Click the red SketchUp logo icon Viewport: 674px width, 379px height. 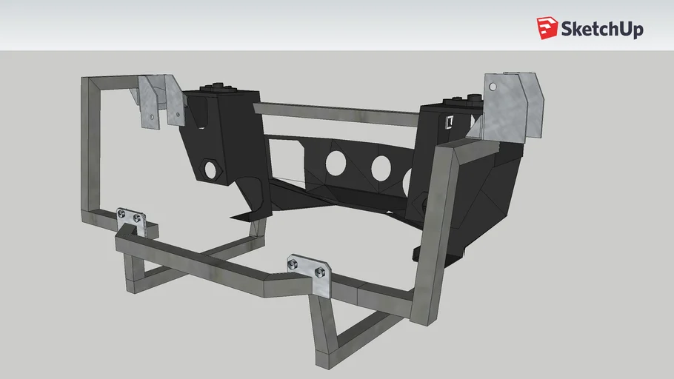point(547,28)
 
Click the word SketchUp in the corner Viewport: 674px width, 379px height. point(602,29)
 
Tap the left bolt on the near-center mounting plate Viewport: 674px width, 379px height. point(294,263)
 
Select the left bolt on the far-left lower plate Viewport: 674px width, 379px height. point(122,214)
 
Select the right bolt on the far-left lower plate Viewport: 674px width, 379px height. point(137,218)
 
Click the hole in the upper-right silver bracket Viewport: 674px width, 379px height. point(493,87)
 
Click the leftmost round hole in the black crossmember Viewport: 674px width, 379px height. point(334,163)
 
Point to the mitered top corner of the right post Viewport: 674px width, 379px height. point(451,152)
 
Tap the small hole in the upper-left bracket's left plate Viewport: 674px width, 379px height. point(151,115)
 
